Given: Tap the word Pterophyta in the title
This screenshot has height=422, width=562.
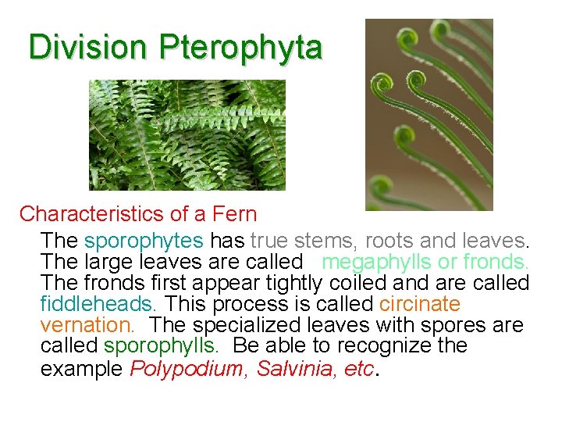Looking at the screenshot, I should coord(240,48).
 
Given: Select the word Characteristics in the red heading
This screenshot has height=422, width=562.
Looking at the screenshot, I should coord(91,213).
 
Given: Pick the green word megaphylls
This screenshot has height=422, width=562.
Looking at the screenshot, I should coord(372,260).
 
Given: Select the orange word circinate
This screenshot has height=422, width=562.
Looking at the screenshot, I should coord(420,303).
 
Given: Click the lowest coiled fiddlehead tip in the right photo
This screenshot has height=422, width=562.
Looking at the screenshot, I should coord(381,188).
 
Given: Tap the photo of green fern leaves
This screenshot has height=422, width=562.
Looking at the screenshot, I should coord(187,134).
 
